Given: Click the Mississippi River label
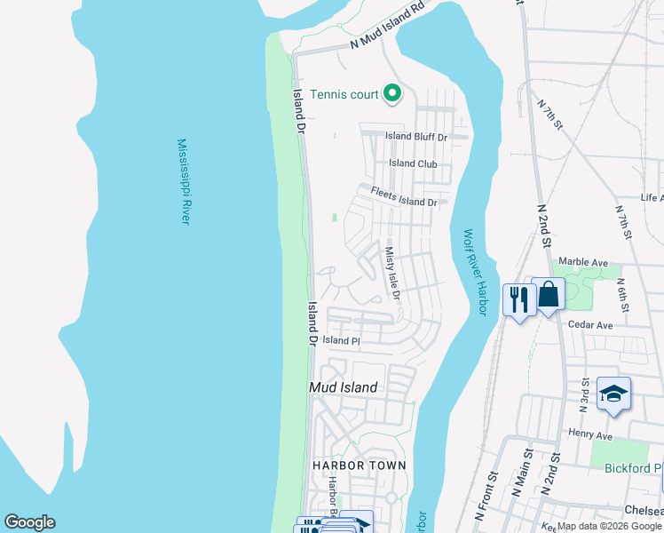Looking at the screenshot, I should pos(184,181).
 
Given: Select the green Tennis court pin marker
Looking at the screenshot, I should pos(391,93).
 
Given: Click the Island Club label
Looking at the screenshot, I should pos(413,163).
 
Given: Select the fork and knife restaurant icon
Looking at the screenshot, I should pos(518,298).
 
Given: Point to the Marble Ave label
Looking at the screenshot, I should pos(582,263).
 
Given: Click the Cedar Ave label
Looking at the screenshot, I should pos(590,325).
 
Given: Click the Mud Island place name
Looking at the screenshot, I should pos(343,387).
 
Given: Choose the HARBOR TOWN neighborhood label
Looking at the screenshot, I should pos(359,465).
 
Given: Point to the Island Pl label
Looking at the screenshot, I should pos(341,340).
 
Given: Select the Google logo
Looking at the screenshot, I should pos(29,522).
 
